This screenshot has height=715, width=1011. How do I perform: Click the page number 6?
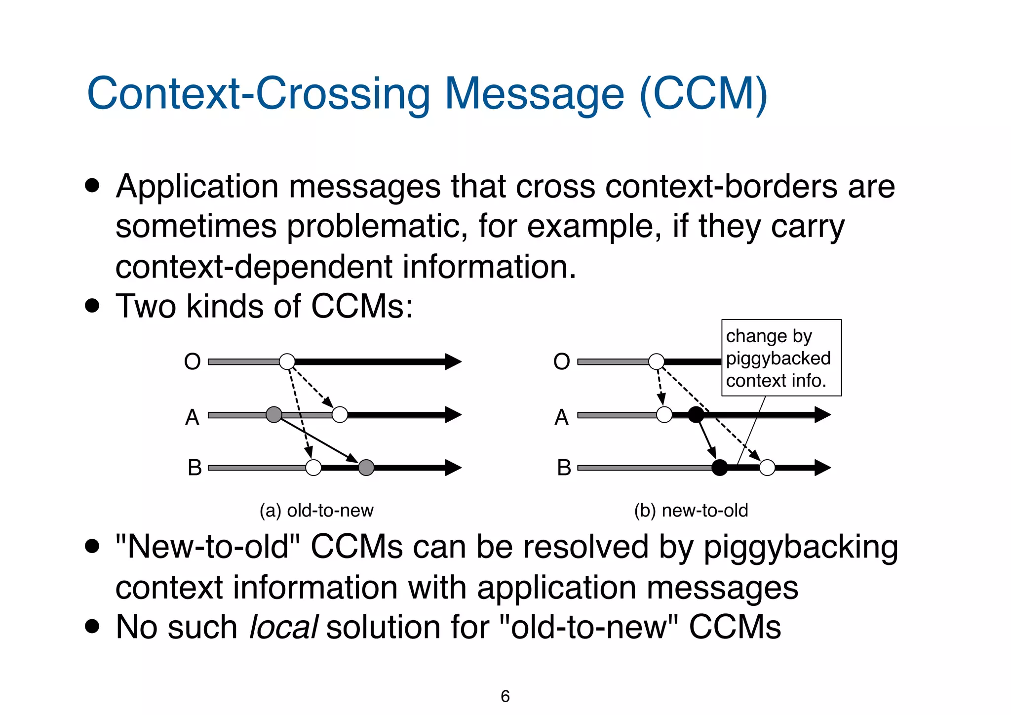pyautogui.click(x=505, y=696)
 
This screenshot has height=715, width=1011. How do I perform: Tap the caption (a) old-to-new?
pyautogui.click(x=316, y=511)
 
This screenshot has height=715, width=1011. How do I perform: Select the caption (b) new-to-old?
pyautogui.click(x=691, y=511)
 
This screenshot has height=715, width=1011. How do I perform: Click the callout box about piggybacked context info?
pyautogui.click(x=781, y=358)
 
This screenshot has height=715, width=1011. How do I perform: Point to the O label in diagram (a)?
pyautogui.click(x=193, y=362)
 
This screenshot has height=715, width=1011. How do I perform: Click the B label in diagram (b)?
pyautogui.click(x=564, y=468)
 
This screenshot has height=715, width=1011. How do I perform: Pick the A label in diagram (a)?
pyautogui.click(x=193, y=418)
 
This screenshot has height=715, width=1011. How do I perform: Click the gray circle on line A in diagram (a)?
pyautogui.click(x=274, y=415)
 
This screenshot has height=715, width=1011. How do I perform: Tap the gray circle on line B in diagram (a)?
pyautogui.click(x=366, y=467)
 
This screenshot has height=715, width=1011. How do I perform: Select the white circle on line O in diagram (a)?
pyautogui.click(x=287, y=361)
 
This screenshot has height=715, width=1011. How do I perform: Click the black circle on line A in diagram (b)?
pyautogui.click(x=696, y=415)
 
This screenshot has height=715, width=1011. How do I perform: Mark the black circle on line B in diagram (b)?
pyautogui.click(x=720, y=467)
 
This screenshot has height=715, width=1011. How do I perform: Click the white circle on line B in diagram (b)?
pyautogui.click(x=767, y=467)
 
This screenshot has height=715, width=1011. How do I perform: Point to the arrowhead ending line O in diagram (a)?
pyautogui.click(x=453, y=361)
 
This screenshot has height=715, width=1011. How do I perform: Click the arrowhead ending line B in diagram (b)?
pyautogui.click(x=822, y=467)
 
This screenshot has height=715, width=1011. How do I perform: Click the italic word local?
pyautogui.click(x=284, y=627)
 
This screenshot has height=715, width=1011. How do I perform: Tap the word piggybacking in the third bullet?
pyautogui.click(x=800, y=548)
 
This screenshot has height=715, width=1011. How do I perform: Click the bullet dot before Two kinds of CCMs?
pyautogui.click(x=92, y=306)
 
